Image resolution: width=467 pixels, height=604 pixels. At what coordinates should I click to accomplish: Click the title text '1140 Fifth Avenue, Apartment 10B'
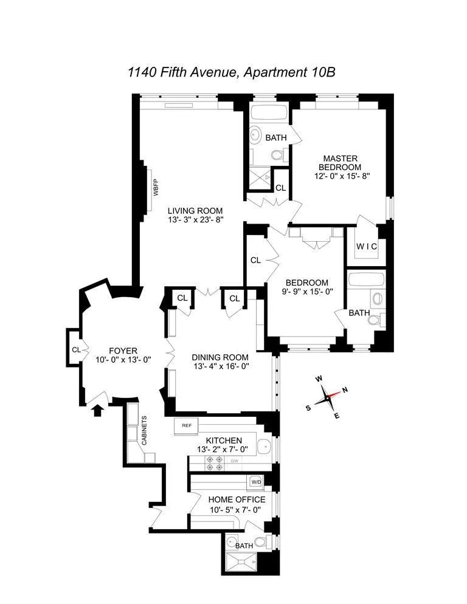[232, 72]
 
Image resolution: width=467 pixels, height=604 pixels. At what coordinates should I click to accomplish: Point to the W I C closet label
[366, 246]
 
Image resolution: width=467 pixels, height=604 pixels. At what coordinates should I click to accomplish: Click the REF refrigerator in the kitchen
[187, 425]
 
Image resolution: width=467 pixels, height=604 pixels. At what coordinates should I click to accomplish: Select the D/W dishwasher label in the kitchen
[234, 461]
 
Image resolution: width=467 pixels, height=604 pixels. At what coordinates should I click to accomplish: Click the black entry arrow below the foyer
[95, 411]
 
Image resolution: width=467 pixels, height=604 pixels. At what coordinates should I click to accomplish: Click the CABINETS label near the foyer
[144, 431]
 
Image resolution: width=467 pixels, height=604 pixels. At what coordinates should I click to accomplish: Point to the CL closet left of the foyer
[76, 349]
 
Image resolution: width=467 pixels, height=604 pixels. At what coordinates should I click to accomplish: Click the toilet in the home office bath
[260, 541]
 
